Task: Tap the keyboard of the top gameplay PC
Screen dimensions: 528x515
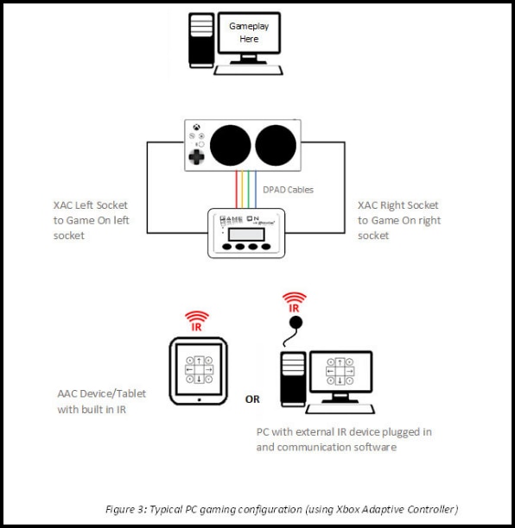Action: coord(250,70)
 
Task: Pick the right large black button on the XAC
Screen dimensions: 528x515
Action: coord(275,144)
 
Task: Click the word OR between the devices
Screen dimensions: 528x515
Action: coord(252,399)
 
